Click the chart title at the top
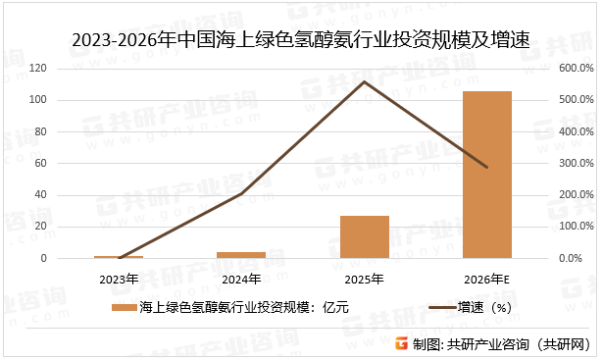point(301,40)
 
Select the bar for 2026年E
point(487,175)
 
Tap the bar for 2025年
point(365,237)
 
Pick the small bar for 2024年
point(241,255)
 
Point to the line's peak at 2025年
point(364,81)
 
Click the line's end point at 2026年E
point(487,168)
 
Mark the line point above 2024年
point(241,194)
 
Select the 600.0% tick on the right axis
point(577,69)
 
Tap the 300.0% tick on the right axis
point(577,164)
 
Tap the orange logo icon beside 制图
point(401,343)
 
